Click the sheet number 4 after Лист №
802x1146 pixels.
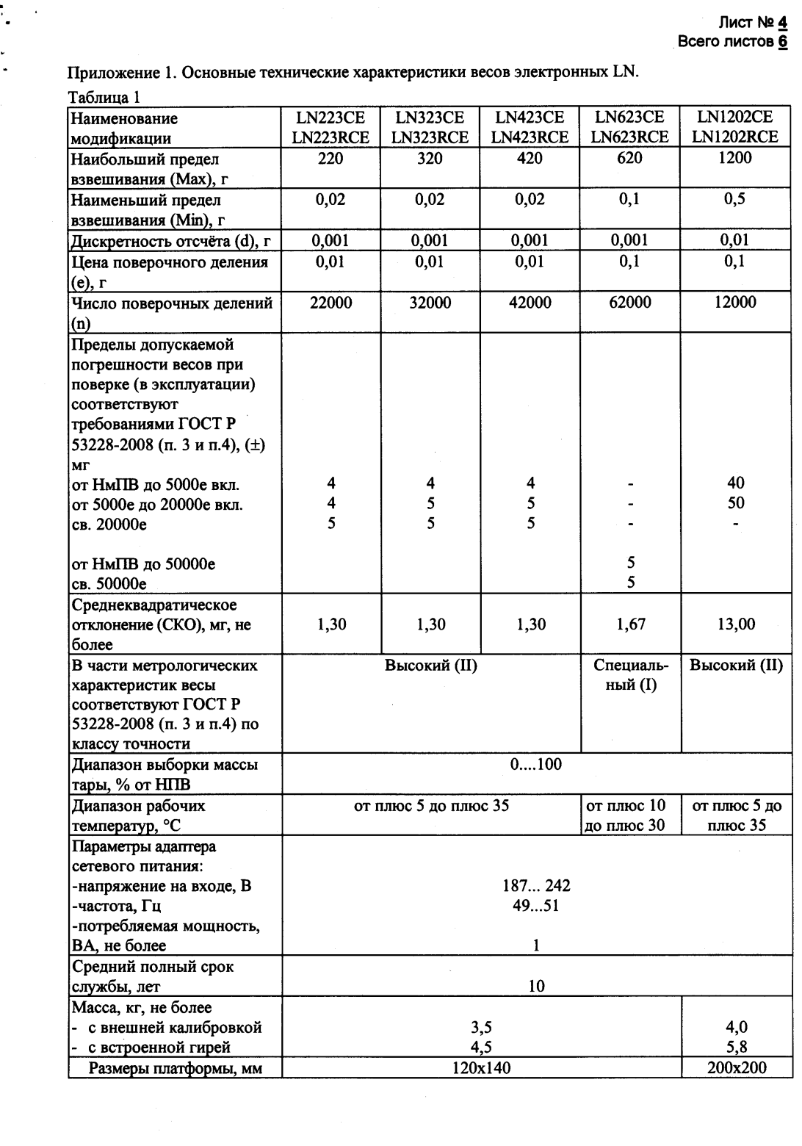(x=783, y=25)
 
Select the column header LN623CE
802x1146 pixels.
(x=629, y=118)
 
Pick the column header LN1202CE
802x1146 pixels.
(x=735, y=118)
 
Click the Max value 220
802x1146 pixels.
(x=330, y=158)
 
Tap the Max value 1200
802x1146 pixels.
(x=735, y=158)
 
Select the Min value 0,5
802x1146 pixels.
(x=735, y=199)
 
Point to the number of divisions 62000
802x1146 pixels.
(x=629, y=303)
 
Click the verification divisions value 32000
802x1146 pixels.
(x=430, y=303)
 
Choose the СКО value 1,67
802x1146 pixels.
(x=630, y=624)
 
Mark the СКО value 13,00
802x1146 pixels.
(x=735, y=624)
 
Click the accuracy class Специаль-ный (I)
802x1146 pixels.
(x=630, y=675)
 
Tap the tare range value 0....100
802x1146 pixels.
(x=536, y=764)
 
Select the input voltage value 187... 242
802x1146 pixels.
(x=536, y=886)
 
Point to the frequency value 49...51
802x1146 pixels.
(x=536, y=906)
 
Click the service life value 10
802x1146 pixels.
(x=536, y=987)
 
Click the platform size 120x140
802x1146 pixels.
(x=482, y=1067)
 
